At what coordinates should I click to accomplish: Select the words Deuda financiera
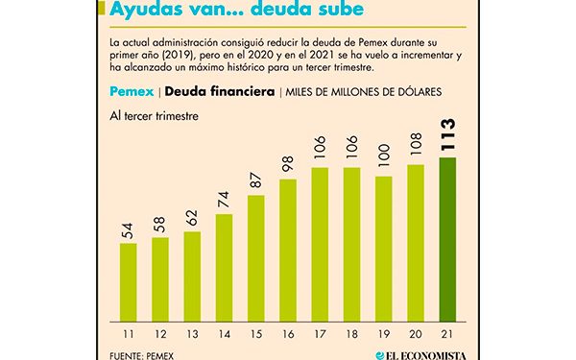click(219, 92)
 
